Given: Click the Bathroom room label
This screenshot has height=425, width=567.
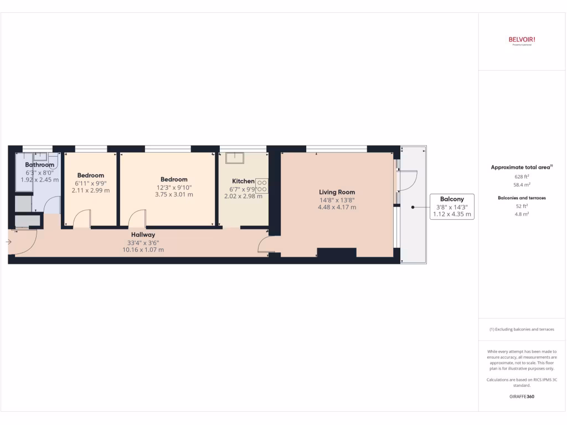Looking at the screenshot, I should (40, 165).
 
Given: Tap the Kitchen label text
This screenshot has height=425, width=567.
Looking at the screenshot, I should (243, 181).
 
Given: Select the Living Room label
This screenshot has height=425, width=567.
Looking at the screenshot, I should (337, 193).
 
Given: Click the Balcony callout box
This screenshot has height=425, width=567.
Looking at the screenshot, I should (452, 206).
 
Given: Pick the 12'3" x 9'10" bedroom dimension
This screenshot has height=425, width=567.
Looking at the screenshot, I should (174, 187).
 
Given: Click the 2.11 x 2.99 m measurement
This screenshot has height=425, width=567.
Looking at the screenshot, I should (91, 190).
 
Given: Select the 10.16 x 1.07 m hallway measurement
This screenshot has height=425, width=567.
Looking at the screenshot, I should (142, 250).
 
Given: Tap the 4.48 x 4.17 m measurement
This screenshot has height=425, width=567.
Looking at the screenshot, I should (337, 208).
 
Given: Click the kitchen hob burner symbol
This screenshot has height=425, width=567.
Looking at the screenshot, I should (262, 186).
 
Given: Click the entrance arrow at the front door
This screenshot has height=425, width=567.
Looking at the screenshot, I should (8, 241).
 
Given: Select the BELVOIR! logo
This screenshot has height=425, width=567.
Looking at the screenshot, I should (522, 40).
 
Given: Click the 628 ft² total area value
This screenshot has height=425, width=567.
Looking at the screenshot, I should (522, 177).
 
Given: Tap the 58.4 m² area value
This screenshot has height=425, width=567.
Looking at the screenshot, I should (522, 185).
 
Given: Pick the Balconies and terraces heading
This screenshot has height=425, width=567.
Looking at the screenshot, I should (522, 198).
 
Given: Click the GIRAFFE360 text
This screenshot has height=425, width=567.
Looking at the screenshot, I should (522, 396).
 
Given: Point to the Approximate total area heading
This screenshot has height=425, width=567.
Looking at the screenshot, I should (522, 167).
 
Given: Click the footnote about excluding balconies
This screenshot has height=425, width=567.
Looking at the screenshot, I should (522, 329).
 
